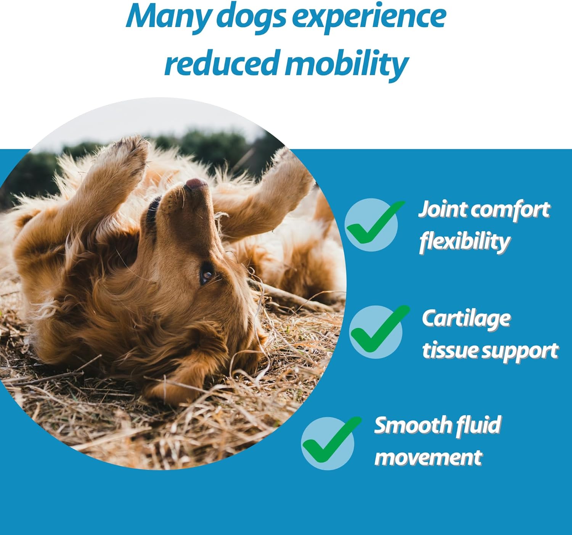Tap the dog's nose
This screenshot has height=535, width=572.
coord(196,185)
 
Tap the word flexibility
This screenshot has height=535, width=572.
coord(464,241)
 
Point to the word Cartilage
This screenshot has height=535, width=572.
coord(466,319)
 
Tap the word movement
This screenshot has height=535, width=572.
coord(428,457)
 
